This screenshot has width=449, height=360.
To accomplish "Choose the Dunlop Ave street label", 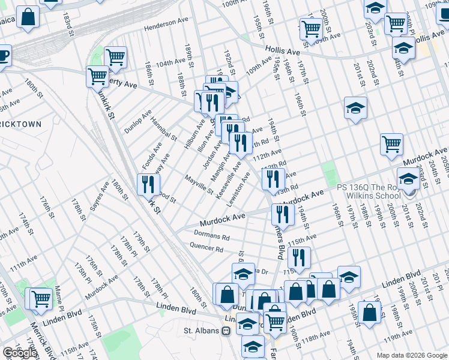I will [138, 122].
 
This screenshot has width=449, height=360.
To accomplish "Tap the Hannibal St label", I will [164, 128].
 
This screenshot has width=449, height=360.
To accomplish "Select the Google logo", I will [20, 353].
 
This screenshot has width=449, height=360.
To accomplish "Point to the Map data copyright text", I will [412, 355].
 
